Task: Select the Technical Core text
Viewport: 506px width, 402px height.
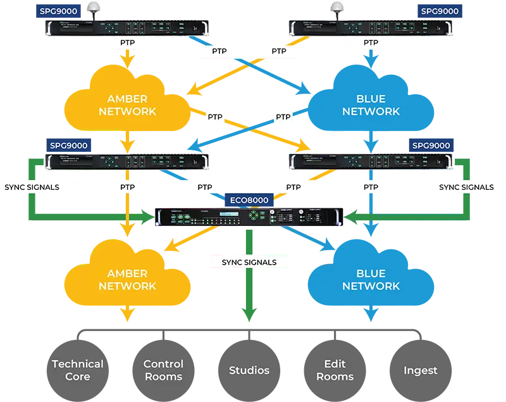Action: click(77, 370)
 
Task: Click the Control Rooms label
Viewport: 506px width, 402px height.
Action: click(163, 370)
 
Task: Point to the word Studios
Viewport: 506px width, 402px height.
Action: click(249, 370)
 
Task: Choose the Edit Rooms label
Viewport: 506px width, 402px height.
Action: click(335, 370)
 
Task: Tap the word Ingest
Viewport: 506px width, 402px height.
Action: click(420, 370)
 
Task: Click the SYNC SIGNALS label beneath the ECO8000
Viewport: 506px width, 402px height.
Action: click(249, 262)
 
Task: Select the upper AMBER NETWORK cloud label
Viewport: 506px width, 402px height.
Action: click(127, 105)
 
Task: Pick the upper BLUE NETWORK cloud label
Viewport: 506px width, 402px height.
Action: click(371, 105)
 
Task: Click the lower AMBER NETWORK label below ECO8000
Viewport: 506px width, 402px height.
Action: click(127, 280)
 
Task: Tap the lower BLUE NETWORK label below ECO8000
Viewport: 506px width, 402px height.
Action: click(371, 280)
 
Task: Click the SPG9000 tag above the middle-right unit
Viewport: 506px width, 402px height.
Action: click(431, 146)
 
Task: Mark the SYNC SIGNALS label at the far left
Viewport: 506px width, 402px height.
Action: click(32, 187)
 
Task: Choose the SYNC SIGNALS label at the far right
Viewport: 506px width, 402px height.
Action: click(466, 187)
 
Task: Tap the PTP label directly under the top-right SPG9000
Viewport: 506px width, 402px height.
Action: click(371, 43)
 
